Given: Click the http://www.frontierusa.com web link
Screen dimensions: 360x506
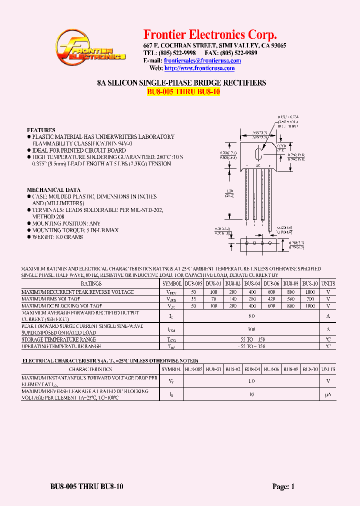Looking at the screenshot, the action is pyautogui.click(x=199, y=68).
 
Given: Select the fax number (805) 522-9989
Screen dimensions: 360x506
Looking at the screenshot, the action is pyautogui.click(x=239, y=53).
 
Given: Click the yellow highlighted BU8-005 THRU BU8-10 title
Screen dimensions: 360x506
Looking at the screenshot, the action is pyautogui.click(x=183, y=91).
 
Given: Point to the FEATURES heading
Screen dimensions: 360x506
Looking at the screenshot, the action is pyautogui.click(x=41, y=130).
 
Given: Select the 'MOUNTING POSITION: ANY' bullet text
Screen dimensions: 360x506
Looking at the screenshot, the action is pyautogui.click(x=66, y=223).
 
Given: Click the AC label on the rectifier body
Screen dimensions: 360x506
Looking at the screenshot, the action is pyautogui.click(x=258, y=165).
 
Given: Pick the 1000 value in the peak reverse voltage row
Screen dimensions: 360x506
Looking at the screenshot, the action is pyautogui.click(x=310, y=291).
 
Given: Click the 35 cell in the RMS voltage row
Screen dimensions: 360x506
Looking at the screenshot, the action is pyautogui.click(x=193, y=298).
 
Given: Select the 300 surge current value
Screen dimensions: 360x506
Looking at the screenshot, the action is pyautogui.click(x=251, y=329).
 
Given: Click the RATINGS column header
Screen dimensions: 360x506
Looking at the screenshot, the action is pyautogui.click(x=91, y=283).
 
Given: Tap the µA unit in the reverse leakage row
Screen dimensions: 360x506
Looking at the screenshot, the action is pyautogui.click(x=328, y=394).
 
